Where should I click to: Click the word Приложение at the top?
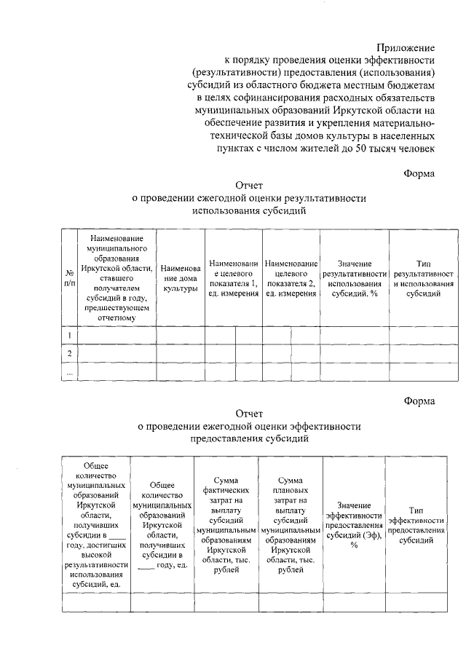[408, 47]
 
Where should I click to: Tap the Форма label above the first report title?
[419, 173]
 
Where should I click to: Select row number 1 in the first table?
[69, 335]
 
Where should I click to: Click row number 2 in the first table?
[69, 353]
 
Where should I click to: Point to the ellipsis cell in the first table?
[69, 371]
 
